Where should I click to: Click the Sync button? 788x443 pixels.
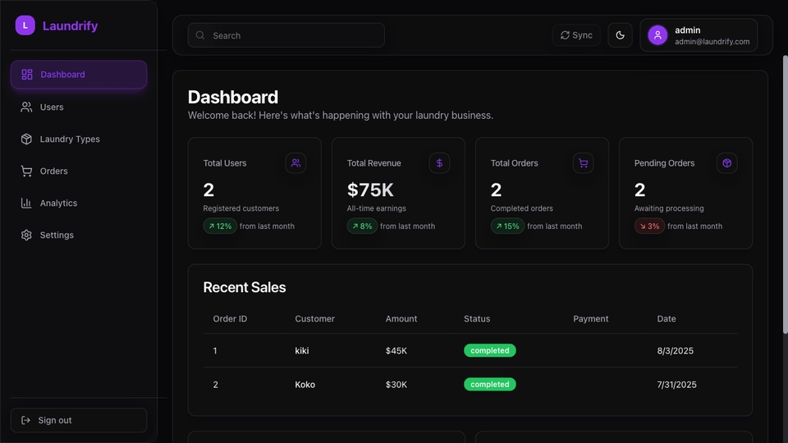point(576,35)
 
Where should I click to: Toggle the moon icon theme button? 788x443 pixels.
point(621,35)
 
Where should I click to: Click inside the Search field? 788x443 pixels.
point(286,35)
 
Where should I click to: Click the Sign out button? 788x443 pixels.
point(79,420)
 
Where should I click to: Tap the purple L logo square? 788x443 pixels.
point(25,25)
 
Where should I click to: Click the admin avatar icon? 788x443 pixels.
point(657,35)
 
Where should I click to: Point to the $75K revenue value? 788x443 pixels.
point(370,190)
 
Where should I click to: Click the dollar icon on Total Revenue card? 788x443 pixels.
point(439,162)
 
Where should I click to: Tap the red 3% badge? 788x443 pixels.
point(649,226)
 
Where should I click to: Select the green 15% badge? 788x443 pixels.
point(507,226)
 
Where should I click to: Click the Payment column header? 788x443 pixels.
point(590,319)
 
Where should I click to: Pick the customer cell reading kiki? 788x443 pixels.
point(302,350)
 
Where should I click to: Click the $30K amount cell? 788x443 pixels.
point(396,385)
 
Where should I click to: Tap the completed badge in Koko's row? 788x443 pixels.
point(490,384)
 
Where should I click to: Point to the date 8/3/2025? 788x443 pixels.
point(675,350)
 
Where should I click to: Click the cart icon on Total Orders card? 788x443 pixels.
point(583,162)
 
